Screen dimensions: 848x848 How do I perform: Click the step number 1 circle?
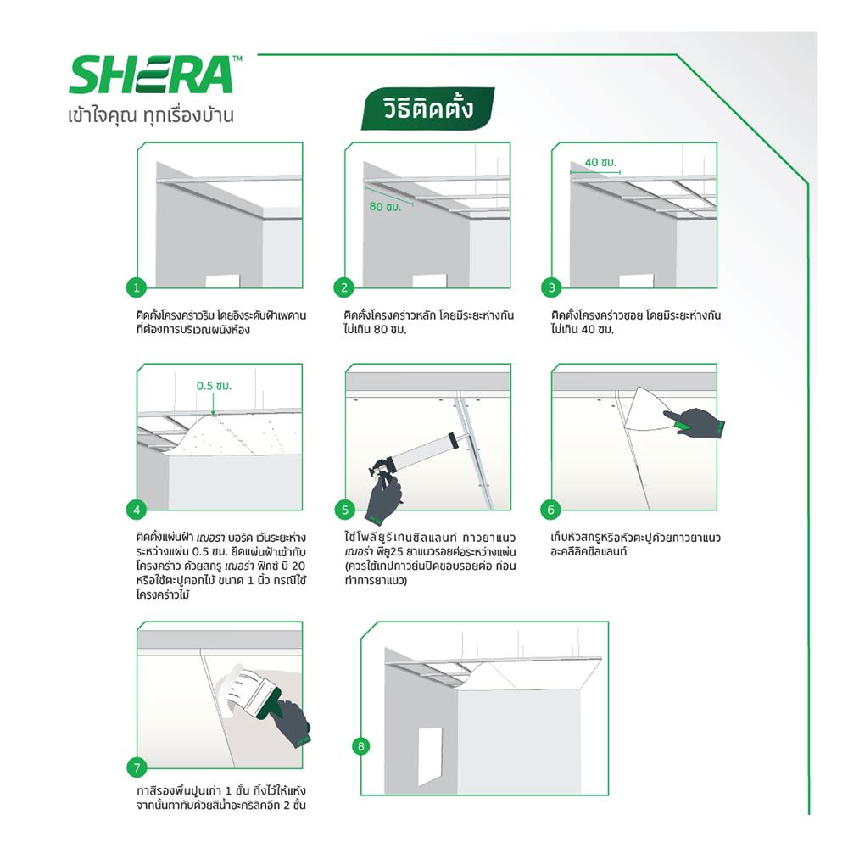(x=137, y=288)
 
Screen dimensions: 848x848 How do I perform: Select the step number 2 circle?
(x=344, y=288)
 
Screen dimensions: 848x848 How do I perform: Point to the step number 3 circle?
(x=551, y=288)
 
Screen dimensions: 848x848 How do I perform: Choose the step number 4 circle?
(x=137, y=510)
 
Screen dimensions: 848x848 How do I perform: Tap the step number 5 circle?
(x=344, y=510)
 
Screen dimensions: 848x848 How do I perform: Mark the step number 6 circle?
(x=551, y=510)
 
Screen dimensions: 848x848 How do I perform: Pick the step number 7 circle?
(x=137, y=768)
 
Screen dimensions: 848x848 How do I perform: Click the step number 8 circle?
(x=362, y=746)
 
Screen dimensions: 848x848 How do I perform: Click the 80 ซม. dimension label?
(x=386, y=206)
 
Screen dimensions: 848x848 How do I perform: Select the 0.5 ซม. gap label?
(x=214, y=386)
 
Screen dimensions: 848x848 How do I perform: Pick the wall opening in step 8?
(x=430, y=753)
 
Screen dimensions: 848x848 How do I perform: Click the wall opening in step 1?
(x=222, y=281)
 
